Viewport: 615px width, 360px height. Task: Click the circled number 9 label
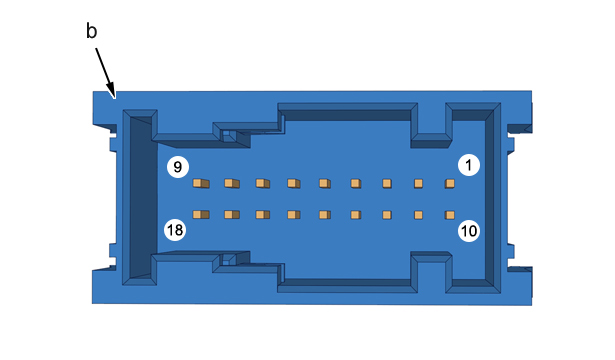178,167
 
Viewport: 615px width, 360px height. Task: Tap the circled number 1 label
469,165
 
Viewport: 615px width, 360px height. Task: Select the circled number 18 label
175,230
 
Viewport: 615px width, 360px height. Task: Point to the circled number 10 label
469,231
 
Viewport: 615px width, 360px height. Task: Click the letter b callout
91,31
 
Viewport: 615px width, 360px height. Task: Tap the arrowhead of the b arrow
112,91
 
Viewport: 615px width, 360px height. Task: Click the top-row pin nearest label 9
201,183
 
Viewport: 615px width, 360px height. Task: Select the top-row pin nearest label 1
450,184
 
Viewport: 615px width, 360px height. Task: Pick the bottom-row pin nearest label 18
201,215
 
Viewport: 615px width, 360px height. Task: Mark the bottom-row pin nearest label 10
450,215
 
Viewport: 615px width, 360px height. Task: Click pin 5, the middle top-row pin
325,183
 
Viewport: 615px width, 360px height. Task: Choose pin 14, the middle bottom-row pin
325,215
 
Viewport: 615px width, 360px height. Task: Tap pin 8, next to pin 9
232,183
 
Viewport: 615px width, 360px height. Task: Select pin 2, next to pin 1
418,184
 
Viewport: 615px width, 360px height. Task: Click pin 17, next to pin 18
232,215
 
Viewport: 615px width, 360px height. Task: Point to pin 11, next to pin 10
418,215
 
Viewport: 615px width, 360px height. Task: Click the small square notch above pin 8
228,135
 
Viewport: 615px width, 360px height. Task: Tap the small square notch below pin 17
228,259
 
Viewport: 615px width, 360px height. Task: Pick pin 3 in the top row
387,184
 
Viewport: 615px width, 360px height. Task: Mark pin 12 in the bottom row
387,215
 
